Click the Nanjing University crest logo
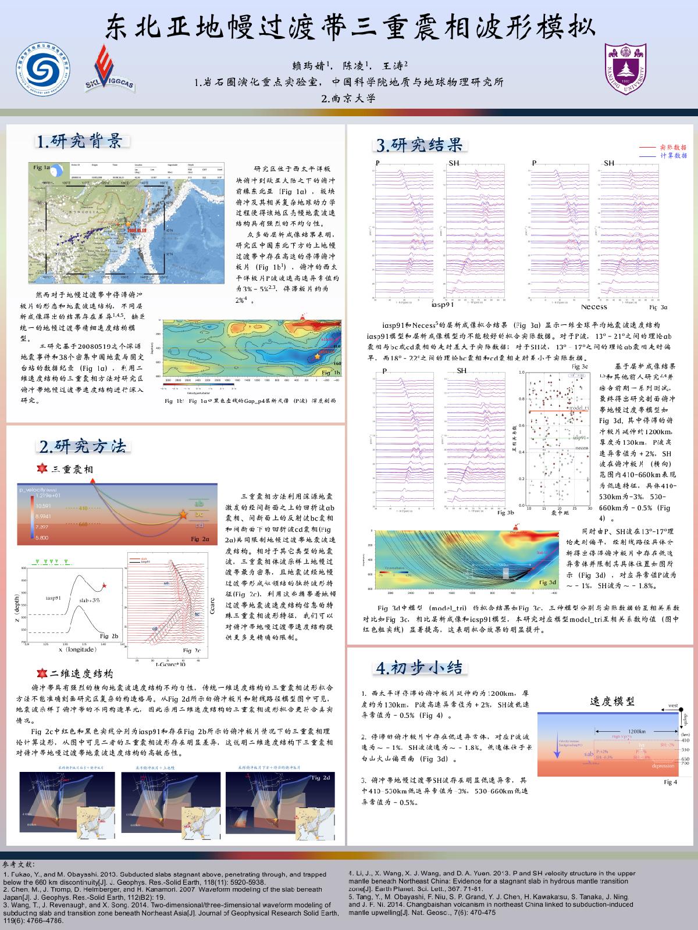point(625,69)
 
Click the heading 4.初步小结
point(419,667)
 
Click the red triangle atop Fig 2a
point(93,478)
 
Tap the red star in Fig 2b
point(104,585)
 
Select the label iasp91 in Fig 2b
point(54,597)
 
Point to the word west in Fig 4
point(673,706)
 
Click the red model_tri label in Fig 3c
point(579,409)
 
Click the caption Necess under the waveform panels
point(594,307)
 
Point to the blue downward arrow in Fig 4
point(557,755)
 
